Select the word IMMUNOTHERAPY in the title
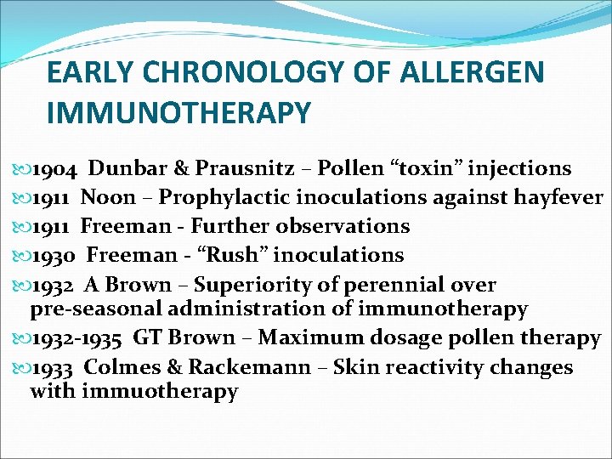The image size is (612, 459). click(x=179, y=113)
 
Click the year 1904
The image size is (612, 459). click(x=55, y=169)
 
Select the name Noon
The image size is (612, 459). click(x=108, y=198)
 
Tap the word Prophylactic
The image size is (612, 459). click(x=226, y=198)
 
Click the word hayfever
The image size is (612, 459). click(x=555, y=198)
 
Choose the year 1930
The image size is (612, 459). click(x=55, y=255)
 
